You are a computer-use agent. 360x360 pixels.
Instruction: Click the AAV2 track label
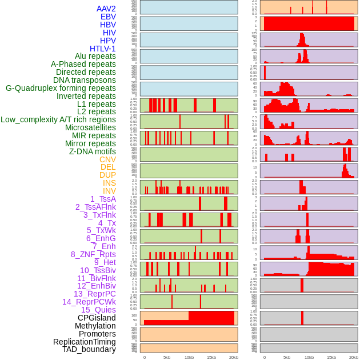pos(106,9)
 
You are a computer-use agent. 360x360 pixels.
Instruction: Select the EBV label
pos(108,17)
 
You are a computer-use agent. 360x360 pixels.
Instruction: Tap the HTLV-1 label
pos(103,49)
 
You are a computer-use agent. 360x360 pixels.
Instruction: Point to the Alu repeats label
pos(95,56)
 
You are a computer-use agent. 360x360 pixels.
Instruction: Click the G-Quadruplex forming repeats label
pos(61,88)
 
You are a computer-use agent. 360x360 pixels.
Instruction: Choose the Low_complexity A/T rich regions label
pos(58,119)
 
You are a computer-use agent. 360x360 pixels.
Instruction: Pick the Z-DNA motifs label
pos(92,151)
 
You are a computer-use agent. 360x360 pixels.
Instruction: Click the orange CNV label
pos(107,159)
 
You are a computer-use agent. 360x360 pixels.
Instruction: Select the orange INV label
pos(109,191)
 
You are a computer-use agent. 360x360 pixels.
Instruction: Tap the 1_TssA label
pos(103,199)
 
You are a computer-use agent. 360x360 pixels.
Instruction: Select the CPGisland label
pos(97,318)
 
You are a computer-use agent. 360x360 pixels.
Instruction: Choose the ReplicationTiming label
pos(85,342)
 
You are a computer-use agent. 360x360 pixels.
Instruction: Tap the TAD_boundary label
pos(89,349)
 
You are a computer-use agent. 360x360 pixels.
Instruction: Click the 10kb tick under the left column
pos(189,357)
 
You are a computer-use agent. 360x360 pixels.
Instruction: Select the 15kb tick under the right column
pos(331,357)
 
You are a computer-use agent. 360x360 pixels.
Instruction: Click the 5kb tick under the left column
pos(167,357)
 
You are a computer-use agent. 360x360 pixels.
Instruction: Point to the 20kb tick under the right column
pos(354,357)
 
